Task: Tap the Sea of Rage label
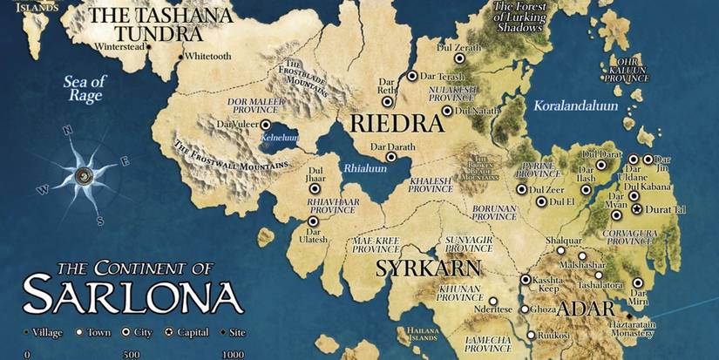(85, 89)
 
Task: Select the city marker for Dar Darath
(392, 158)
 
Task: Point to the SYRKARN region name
(417, 267)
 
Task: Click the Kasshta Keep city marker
(526, 280)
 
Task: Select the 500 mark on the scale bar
(132, 354)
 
